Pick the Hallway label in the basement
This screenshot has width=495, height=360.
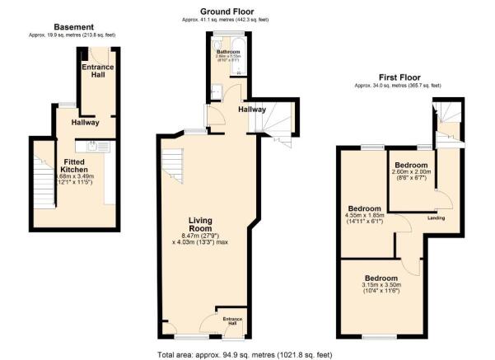[x=85, y=123]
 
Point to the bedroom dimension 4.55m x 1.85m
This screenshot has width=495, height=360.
[x=363, y=217]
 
